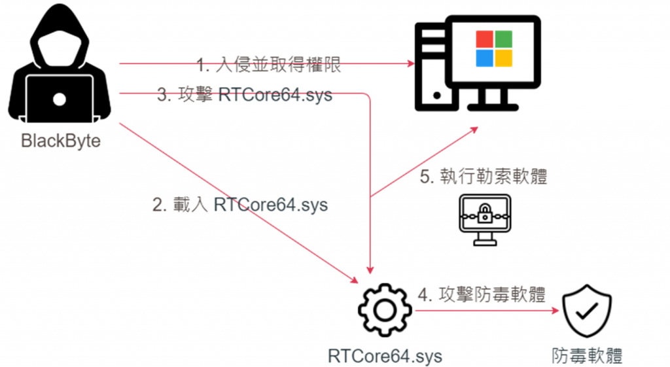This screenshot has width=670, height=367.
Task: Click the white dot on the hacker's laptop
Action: [x=60, y=99]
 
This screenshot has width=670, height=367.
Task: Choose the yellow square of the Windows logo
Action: [x=503, y=59]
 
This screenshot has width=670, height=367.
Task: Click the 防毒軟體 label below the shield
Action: [x=586, y=355]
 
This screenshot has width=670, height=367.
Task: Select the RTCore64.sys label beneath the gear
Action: [x=385, y=356]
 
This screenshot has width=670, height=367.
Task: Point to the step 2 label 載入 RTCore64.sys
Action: [x=239, y=205]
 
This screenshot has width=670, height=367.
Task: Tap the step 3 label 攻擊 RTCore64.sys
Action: [x=245, y=96]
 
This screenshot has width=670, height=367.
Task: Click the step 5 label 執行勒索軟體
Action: [x=483, y=177]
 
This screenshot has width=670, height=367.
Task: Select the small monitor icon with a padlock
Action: [x=484, y=218]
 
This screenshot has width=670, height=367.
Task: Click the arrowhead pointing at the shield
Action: [x=555, y=311]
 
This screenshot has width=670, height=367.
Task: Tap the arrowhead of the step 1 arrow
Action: [x=412, y=63]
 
